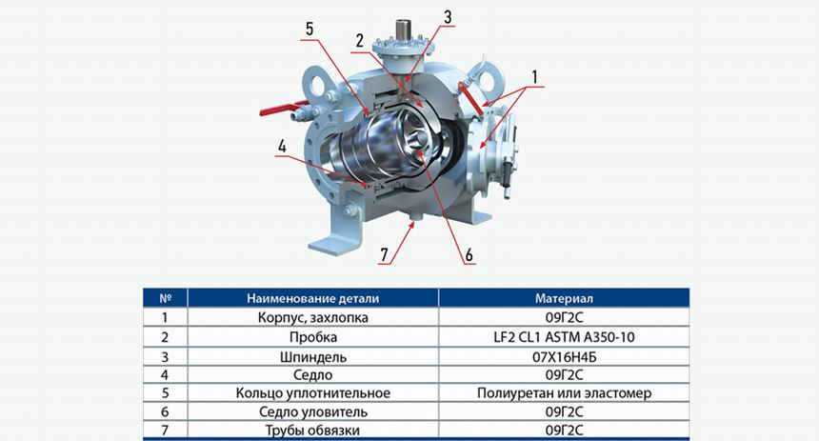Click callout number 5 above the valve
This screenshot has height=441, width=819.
(x=310, y=30)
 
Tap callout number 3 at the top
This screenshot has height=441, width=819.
(x=448, y=17)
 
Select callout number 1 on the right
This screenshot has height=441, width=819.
(x=534, y=77)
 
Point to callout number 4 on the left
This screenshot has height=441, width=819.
(x=282, y=147)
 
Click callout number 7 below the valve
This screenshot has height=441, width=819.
(x=385, y=255)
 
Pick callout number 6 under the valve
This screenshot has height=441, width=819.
(x=469, y=255)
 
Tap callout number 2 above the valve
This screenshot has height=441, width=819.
(x=359, y=41)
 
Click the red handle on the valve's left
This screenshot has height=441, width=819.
(x=278, y=110)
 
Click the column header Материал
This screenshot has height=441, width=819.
(x=564, y=298)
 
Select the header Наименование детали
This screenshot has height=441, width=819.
(x=313, y=299)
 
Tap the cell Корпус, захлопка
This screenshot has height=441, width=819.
(x=313, y=318)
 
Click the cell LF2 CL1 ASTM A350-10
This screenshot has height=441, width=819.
(x=564, y=337)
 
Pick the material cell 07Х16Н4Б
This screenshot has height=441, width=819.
(x=564, y=357)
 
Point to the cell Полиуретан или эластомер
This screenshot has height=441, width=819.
(x=564, y=393)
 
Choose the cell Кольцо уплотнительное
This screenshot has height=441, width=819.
(x=313, y=393)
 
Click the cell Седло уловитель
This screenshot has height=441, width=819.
(x=313, y=411)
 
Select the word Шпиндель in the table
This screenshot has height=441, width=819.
(x=313, y=357)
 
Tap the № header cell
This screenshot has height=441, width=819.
(x=166, y=298)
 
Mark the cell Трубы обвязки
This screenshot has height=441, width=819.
(x=313, y=431)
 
